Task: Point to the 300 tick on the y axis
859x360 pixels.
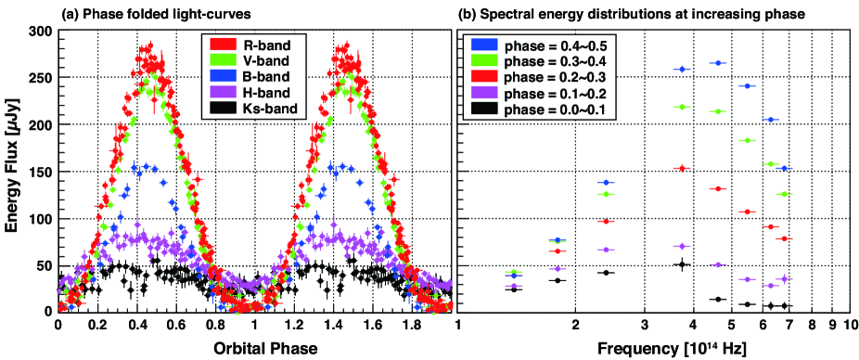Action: pyautogui.click(x=42, y=32)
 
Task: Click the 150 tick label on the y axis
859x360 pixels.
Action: pyautogui.click(x=42, y=172)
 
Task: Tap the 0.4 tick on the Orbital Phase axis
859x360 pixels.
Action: pyautogui.click(x=135, y=324)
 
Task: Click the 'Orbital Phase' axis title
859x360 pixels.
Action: pyautogui.click(x=255, y=347)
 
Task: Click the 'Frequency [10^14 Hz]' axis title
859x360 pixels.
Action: pyautogui.click(x=654, y=348)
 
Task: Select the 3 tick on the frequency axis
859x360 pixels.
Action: pyautogui.click(x=644, y=324)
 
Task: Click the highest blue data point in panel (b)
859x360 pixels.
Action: pyautogui.click(x=718, y=63)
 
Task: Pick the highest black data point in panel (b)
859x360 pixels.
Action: pyautogui.click(x=682, y=264)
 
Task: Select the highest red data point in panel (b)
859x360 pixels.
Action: pyautogui.click(x=682, y=168)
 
